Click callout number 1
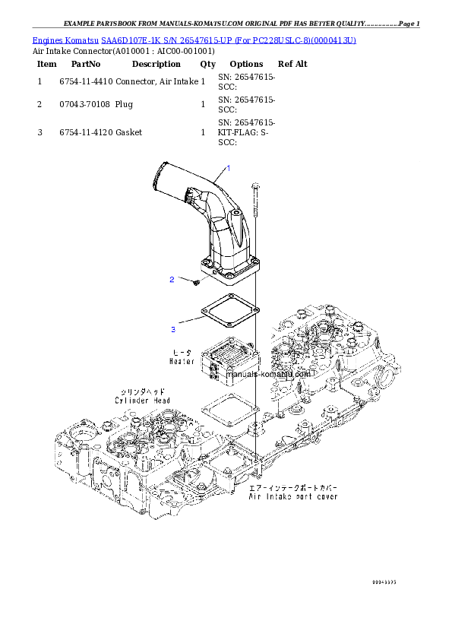pos(228,166)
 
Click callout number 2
pos(172,280)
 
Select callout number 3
pos(173,329)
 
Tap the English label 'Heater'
pos(183,363)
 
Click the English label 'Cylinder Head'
pos(142,400)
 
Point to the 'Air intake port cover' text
pos(294,497)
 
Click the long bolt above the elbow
pos(255,205)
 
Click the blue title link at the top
pos(194,39)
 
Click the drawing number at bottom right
pos(384,582)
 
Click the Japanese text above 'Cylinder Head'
pos(137,391)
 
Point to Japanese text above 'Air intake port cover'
pos(293,488)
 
